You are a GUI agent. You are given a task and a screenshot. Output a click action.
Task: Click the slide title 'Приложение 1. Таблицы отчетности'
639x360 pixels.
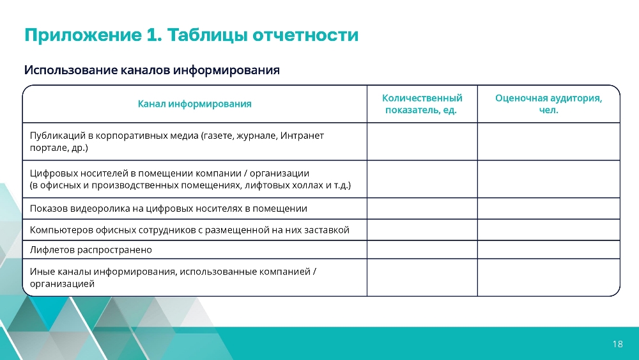(x=192, y=35)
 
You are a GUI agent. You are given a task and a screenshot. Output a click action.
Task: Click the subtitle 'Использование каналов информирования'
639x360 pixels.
(x=152, y=70)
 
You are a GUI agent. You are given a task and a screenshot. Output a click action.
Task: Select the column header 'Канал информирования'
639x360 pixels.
(x=194, y=104)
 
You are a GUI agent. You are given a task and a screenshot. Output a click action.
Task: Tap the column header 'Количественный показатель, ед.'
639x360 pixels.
(x=422, y=104)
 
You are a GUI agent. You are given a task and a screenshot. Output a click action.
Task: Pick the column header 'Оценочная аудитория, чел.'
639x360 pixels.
(x=548, y=104)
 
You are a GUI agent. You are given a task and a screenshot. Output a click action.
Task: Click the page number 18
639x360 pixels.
(x=617, y=343)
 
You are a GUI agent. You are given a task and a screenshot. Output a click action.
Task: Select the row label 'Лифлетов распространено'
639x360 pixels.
(x=91, y=249)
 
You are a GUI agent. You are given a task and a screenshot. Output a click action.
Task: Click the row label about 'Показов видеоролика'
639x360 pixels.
(x=168, y=208)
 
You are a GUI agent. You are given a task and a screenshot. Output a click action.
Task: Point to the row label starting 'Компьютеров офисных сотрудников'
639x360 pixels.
(x=190, y=230)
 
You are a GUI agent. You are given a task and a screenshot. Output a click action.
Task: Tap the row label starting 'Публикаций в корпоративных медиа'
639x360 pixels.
(x=177, y=141)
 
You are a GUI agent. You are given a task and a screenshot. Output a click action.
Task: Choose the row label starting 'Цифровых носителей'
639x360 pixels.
(x=190, y=179)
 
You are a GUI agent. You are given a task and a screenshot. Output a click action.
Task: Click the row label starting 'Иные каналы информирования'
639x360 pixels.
(x=173, y=278)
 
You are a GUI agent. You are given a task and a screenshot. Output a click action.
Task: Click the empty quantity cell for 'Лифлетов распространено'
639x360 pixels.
(x=422, y=249)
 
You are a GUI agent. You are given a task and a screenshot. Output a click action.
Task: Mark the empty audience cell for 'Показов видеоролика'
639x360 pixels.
(x=548, y=208)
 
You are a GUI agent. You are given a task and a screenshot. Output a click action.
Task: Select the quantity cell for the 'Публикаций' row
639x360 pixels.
(x=422, y=141)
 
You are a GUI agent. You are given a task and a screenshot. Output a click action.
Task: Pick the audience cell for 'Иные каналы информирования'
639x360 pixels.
(x=548, y=278)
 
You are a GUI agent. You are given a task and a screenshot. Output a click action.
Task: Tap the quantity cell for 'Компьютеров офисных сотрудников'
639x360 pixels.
(x=422, y=230)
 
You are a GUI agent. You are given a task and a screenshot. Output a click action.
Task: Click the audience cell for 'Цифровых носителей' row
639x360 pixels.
(x=548, y=179)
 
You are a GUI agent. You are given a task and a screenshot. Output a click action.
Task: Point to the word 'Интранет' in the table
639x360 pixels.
(x=302, y=136)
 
